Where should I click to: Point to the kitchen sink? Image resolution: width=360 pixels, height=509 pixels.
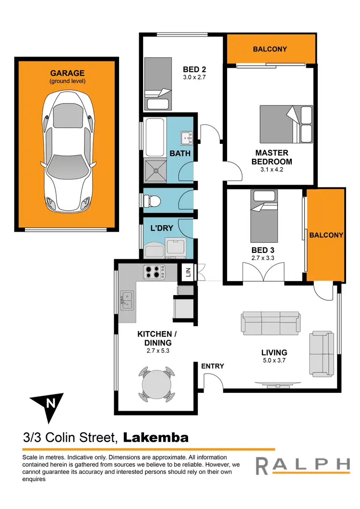127,300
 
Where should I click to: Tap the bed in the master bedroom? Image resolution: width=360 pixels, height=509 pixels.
287,124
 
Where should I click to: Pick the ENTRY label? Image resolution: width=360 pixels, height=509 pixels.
213,366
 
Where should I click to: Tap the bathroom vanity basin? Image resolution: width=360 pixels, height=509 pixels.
186,138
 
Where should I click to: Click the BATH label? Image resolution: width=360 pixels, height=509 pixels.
180,154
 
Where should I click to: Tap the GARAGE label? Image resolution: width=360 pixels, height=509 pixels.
67,73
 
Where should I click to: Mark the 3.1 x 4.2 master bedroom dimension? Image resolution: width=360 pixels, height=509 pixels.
272,169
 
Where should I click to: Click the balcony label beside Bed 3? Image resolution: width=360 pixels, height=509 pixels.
326,235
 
